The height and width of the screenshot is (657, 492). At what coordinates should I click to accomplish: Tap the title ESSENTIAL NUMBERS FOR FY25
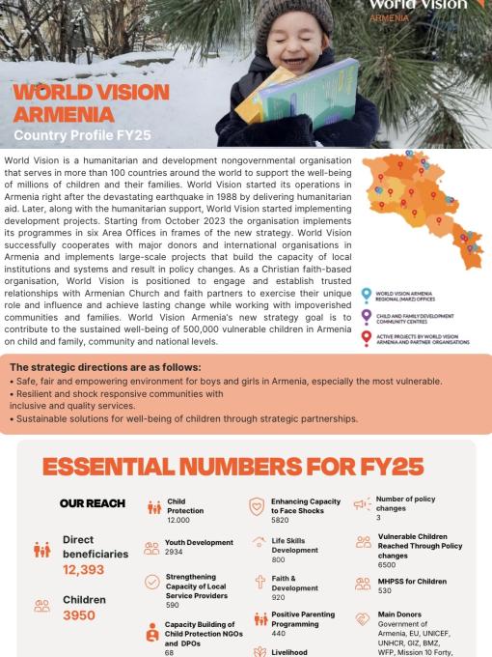click(245, 467)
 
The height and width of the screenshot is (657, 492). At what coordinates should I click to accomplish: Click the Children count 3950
click(79, 614)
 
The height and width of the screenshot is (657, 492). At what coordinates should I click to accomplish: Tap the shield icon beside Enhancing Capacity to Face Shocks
click(256, 507)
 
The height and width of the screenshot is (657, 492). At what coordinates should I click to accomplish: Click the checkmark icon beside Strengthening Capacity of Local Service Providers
click(151, 582)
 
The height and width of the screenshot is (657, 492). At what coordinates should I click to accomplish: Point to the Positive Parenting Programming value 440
click(280, 633)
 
